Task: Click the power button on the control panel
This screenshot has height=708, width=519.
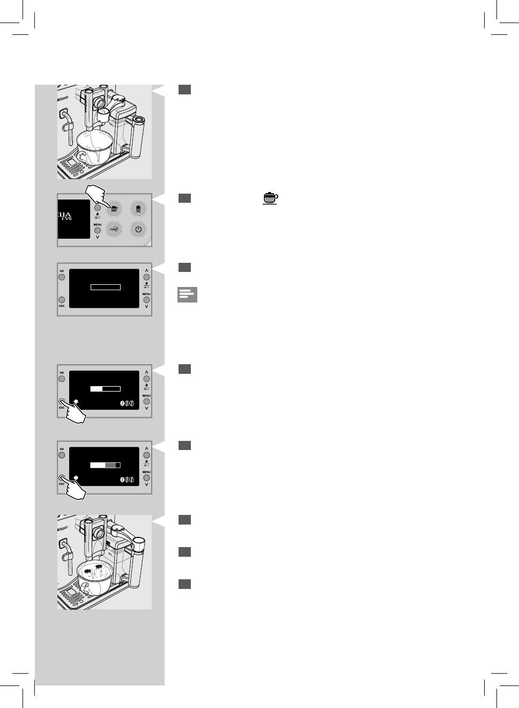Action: point(138,230)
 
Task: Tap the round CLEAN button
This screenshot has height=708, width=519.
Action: point(114,230)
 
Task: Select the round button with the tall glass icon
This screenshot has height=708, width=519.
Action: point(138,208)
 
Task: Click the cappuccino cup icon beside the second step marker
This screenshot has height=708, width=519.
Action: point(270,198)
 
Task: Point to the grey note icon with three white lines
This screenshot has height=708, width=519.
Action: point(187,294)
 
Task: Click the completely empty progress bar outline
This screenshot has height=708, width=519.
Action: point(106,287)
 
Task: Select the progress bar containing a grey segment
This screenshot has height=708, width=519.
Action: point(105,465)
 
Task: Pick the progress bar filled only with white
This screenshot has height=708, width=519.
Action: point(105,389)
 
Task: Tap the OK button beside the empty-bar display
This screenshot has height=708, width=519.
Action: point(62,277)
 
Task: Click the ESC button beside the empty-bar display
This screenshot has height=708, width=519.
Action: point(62,300)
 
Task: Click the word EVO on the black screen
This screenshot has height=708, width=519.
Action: point(66,219)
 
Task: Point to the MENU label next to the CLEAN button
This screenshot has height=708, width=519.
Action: point(98,225)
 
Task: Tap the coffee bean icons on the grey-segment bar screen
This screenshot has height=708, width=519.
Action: point(127,479)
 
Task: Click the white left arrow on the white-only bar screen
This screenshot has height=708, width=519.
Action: point(76,401)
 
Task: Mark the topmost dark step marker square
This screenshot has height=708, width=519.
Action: point(184,90)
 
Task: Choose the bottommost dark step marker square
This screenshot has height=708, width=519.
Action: point(184,584)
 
